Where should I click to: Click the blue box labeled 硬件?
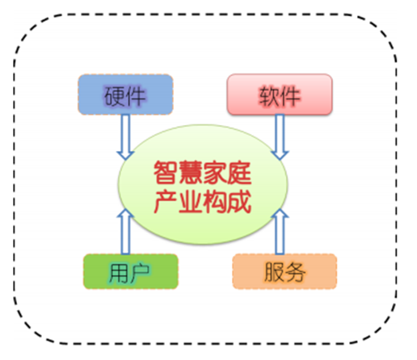click(125, 94)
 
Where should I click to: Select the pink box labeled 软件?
click(280, 94)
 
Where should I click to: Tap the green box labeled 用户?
click(131, 271)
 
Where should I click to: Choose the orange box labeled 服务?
click(284, 271)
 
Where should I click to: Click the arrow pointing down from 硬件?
click(125, 136)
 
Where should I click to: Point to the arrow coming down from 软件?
click(280, 136)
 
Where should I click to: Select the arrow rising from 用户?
click(125, 232)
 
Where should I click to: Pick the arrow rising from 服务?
click(280, 232)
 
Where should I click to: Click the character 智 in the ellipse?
click(165, 173)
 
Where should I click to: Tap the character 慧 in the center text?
click(190, 173)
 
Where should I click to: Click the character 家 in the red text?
click(215, 173)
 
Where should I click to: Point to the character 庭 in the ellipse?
click(239, 173)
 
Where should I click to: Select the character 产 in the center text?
click(165, 202)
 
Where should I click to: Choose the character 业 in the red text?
click(190, 202)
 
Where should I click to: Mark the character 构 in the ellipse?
click(215, 202)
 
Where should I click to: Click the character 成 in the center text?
click(239, 202)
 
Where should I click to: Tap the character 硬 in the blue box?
click(115, 95)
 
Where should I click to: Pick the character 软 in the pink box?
click(269, 95)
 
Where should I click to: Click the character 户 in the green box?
click(140, 272)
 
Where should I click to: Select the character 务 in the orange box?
click(295, 272)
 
